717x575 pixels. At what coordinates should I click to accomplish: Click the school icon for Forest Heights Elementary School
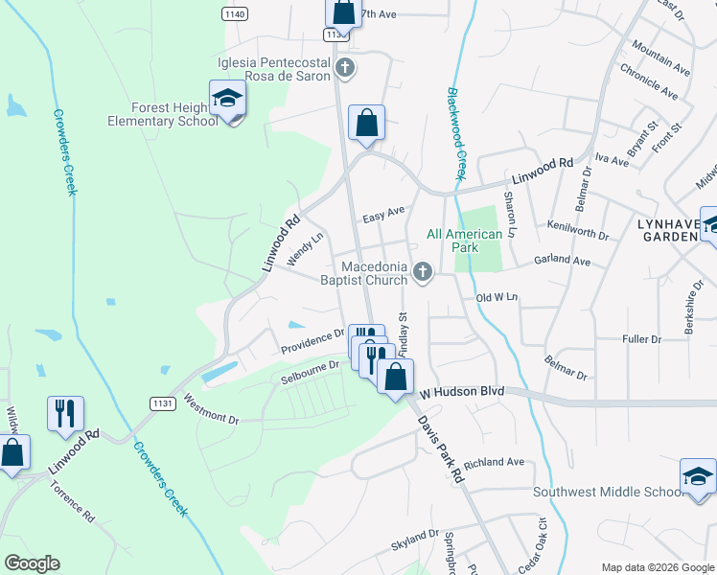[x=227, y=99]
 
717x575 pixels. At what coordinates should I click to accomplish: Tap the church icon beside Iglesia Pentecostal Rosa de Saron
[x=345, y=67]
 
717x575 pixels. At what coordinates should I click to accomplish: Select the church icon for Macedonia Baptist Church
[x=421, y=275]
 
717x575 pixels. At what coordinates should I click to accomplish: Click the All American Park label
[x=464, y=241]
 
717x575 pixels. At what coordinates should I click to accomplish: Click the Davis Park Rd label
[x=441, y=445]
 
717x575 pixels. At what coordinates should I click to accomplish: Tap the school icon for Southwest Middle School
[x=698, y=476]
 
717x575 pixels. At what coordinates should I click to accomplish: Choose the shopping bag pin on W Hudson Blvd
[x=395, y=377]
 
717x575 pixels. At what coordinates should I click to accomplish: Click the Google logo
[x=32, y=563]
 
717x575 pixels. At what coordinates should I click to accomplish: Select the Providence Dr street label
[x=312, y=340]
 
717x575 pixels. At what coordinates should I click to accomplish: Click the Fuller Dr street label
[x=642, y=339]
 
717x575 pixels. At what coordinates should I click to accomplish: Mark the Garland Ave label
[x=563, y=260]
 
